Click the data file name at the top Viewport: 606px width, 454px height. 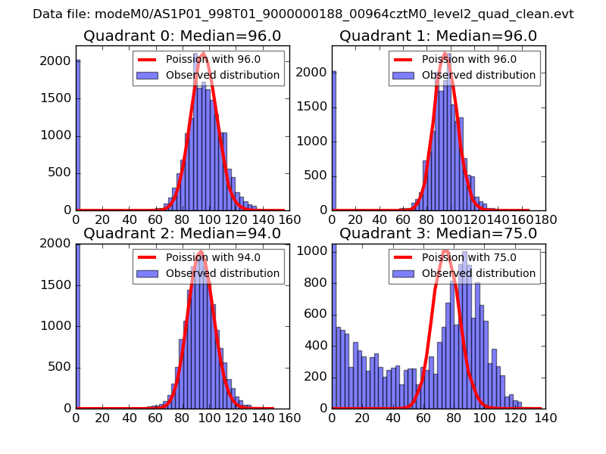(x=303, y=14)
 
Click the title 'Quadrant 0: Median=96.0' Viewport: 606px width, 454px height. (x=182, y=36)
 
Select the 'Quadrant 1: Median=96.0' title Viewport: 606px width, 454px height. (x=438, y=36)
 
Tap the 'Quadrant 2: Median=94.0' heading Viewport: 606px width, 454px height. (x=182, y=234)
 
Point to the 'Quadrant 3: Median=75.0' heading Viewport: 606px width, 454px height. (x=438, y=234)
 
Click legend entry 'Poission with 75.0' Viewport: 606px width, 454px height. (x=469, y=257)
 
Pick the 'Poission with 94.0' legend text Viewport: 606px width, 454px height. (x=213, y=257)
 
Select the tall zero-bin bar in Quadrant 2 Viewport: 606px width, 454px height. (x=77, y=327)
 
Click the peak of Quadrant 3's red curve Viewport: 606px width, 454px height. (x=445, y=250)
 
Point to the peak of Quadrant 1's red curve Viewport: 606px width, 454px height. (x=448, y=53)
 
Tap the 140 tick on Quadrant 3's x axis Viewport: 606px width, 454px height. (x=544, y=417)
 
